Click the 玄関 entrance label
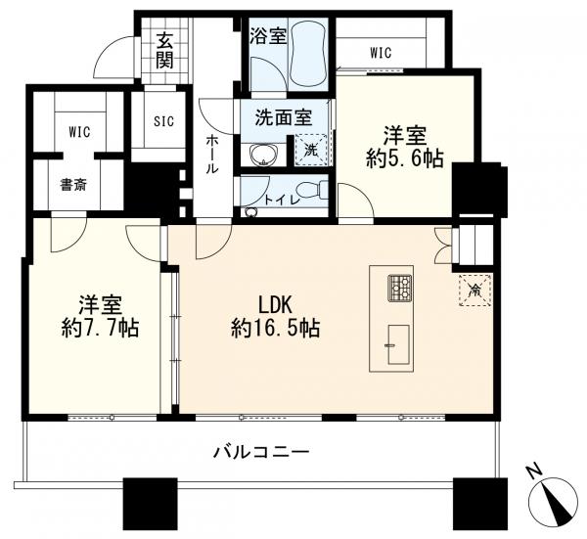(x=162, y=51)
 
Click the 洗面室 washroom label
(x=283, y=117)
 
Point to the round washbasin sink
(x=262, y=155)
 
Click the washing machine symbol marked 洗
(x=310, y=152)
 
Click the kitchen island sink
(x=398, y=338)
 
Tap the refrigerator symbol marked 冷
(x=475, y=290)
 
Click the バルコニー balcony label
(x=261, y=452)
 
